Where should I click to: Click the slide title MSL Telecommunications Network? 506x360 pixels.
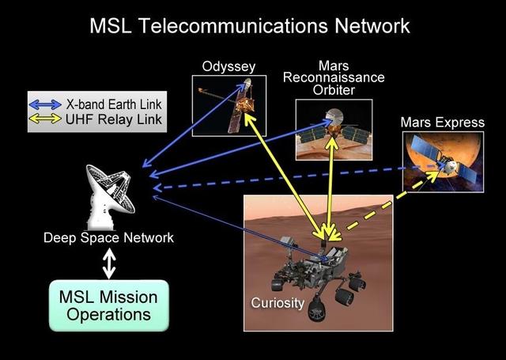(250, 25)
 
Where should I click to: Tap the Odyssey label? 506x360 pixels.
(228, 67)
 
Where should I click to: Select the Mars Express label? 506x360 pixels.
(443, 123)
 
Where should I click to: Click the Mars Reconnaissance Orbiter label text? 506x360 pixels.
(334, 78)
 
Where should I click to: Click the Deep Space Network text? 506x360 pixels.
(109, 238)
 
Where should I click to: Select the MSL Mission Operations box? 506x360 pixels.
(109, 305)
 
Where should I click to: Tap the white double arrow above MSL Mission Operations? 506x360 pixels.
(109, 263)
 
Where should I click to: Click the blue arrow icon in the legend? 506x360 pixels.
(45, 104)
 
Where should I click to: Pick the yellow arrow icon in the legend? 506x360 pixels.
(45, 119)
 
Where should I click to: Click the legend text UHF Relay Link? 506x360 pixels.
(114, 119)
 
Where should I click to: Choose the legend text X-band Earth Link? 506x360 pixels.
(114, 104)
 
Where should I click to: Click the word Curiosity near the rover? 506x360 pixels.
(278, 303)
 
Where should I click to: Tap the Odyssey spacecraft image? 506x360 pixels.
(229, 106)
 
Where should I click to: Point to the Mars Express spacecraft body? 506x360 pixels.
(447, 165)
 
